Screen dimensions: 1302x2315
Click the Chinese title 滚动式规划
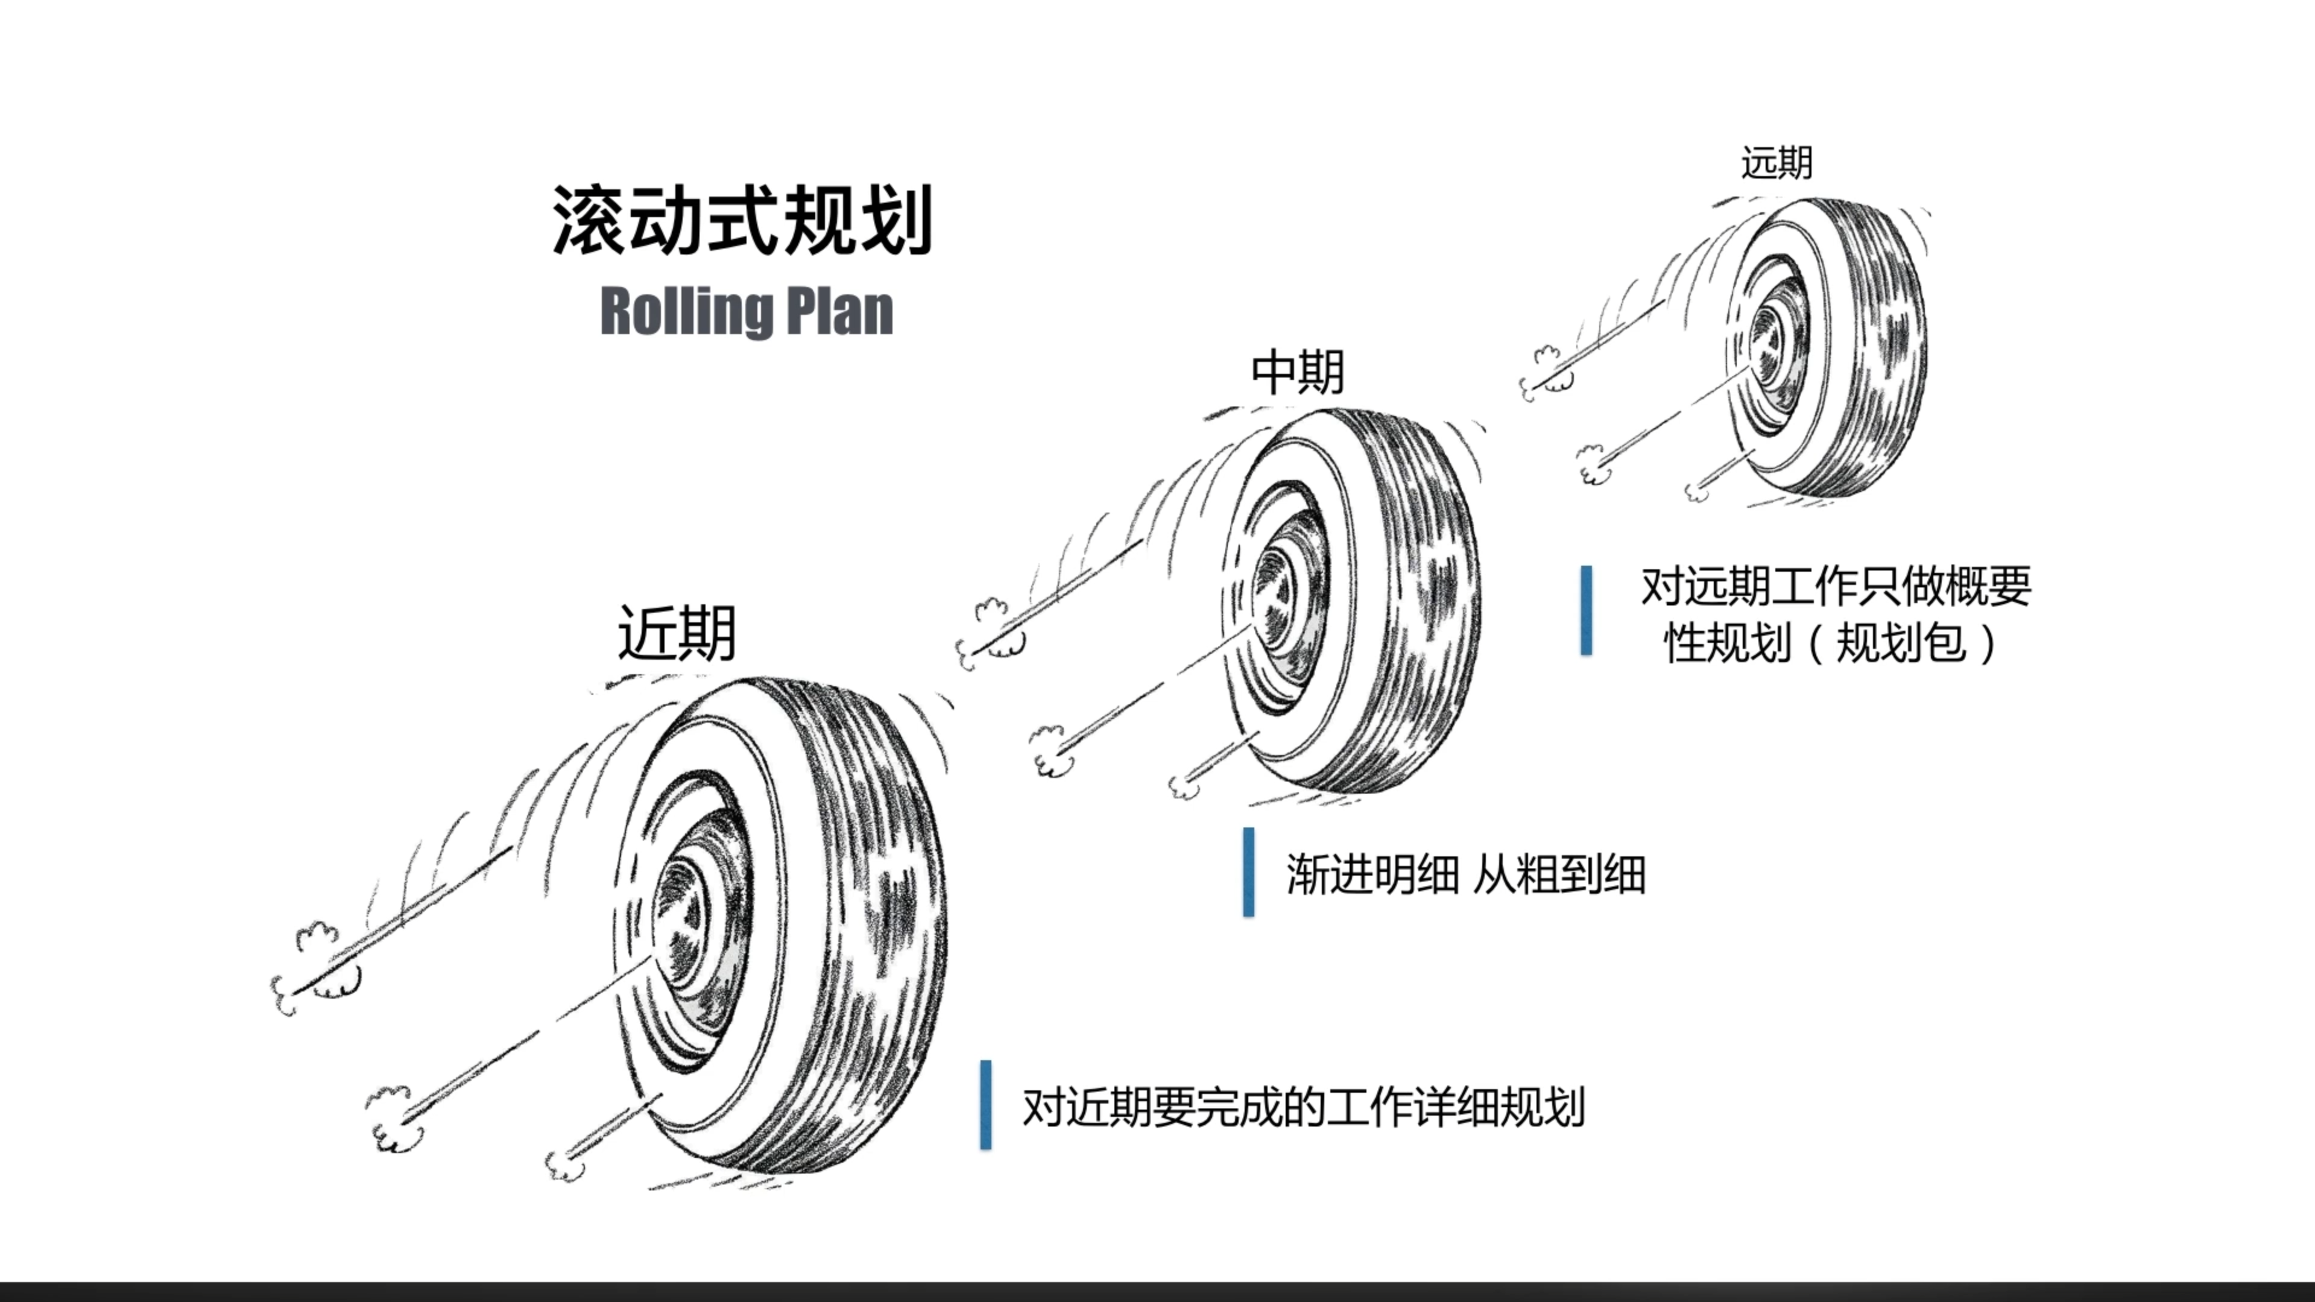[742, 221]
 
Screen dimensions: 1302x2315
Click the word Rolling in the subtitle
[682, 312]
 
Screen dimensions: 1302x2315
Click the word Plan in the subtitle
[839, 312]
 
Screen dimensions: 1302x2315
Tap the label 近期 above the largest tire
[677, 633]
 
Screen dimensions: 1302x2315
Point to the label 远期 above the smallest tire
[1776, 163]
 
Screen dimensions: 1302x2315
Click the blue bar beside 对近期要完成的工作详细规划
[986, 1104]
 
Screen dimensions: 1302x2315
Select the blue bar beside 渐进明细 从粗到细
[1248, 871]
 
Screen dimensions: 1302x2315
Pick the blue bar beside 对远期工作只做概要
[1586, 610]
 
